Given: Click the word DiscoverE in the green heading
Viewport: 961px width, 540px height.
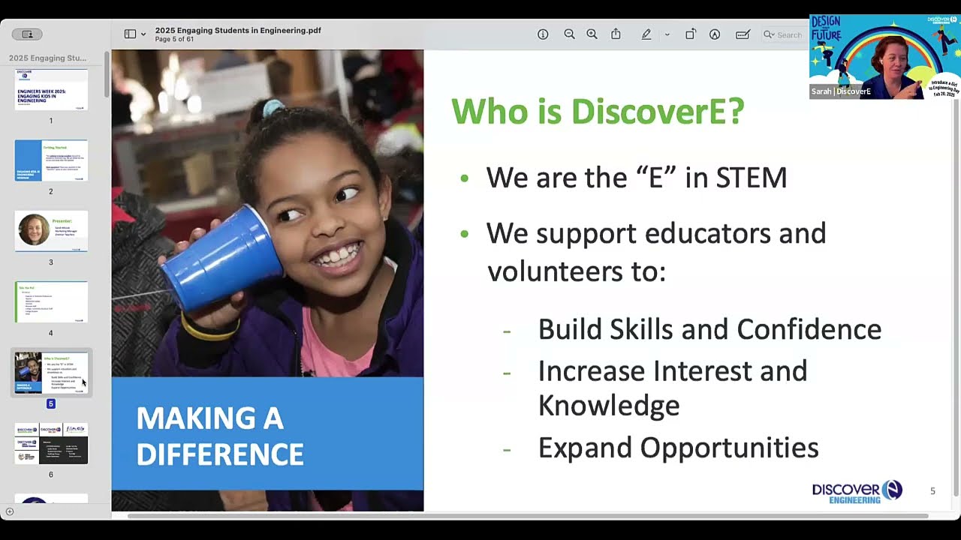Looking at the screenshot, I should [658, 112].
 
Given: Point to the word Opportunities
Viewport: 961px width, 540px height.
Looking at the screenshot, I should [729, 448].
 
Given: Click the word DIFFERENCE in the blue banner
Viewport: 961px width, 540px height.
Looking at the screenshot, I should [220, 454].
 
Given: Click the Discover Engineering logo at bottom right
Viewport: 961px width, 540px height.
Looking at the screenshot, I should [857, 492].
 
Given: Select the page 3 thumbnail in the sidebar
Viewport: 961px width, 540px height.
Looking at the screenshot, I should [51, 231].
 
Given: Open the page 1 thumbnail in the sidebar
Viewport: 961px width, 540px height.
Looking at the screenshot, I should [51, 90].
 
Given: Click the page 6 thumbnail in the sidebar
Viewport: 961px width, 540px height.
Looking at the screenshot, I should [51, 443].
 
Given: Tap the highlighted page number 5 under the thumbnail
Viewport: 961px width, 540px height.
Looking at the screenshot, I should [51, 403].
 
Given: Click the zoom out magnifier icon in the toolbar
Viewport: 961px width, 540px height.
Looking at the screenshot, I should [569, 34].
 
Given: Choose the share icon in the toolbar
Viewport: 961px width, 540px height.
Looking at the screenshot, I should [616, 34].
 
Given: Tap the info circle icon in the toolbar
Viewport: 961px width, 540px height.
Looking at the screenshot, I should [543, 34].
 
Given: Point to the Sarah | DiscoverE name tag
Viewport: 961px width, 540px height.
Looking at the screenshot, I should [841, 91].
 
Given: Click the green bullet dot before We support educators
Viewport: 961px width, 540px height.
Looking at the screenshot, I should [464, 234].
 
